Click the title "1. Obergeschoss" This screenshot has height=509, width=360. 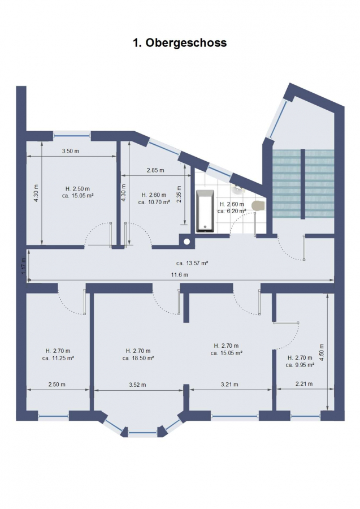180,42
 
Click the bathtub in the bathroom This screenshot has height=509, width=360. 205,211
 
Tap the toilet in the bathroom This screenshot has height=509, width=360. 259,205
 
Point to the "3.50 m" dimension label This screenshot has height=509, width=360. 71,151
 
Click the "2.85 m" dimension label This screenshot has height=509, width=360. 155,170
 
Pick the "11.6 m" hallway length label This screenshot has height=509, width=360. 180,275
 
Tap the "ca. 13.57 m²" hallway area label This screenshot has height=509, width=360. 192,263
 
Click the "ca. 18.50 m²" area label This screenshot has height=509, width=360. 138,358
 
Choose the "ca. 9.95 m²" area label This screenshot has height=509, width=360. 300,365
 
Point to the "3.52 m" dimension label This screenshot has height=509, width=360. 137,385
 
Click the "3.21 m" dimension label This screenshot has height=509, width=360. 229,385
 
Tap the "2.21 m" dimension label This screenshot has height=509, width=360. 304,383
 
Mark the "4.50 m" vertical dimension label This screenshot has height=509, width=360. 322,353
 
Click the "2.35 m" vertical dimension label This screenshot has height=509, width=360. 179,194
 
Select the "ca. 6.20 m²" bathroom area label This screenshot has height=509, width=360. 232,211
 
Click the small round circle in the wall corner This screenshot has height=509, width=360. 187,241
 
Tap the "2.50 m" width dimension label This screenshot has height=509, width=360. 57,385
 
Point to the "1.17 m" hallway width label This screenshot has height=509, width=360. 23,266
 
